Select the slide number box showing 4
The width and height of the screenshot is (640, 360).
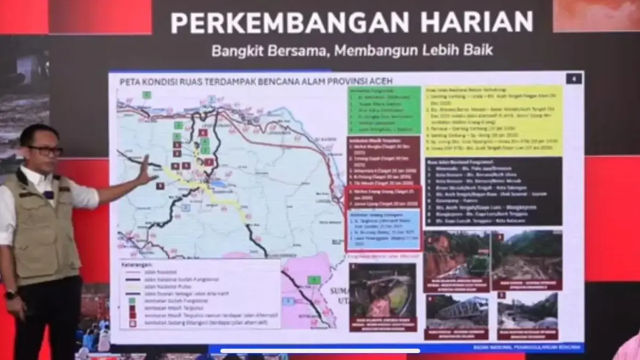click(574, 78)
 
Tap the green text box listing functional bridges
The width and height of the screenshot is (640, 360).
click(384, 109)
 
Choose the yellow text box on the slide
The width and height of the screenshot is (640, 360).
click(493, 120)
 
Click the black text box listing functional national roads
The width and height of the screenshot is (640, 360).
click(493, 191)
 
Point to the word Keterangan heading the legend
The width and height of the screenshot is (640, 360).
click(137, 264)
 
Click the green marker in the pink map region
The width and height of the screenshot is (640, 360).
click(314, 279)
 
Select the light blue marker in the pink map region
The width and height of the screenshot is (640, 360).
click(289, 301)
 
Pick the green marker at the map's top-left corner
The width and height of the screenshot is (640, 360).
click(147, 94)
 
